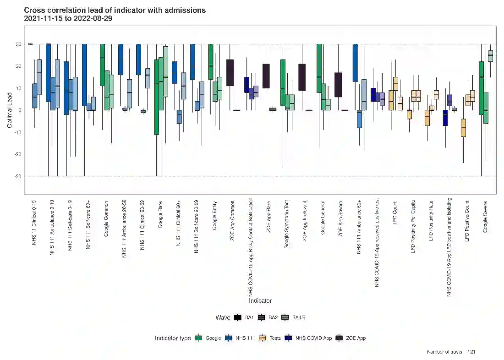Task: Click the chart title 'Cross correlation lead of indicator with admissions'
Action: point(115,10)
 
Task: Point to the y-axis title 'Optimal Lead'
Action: point(10,110)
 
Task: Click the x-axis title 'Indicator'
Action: point(260,301)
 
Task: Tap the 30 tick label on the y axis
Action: point(19,44)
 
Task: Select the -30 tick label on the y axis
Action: point(18,176)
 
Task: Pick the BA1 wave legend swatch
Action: point(238,317)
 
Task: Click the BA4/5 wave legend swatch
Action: point(285,317)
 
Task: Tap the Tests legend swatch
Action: point(263,338)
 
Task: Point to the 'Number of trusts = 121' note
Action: point(451,352)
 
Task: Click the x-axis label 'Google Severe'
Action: point(485,216)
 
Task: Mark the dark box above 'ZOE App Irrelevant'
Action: point(302,77)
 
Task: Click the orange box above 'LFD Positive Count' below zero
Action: point(463,128)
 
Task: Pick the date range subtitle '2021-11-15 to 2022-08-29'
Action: point(68,19)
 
